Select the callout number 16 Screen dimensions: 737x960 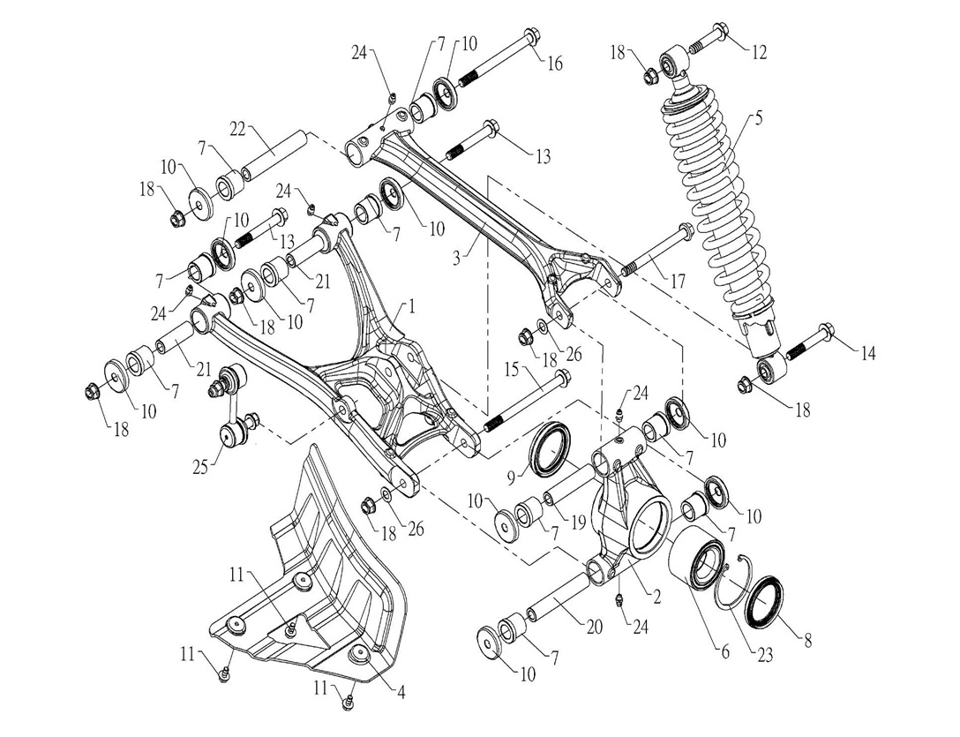[x=554, y=64]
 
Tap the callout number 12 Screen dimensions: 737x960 [x=758, y=52]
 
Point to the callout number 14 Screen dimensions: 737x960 [x=868, y=353]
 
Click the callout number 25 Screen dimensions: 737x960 [x=201, y=465]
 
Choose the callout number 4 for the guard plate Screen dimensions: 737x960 [x=402, y=693]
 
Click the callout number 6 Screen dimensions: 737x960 [x=724, y=652]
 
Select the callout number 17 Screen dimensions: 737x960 [x=678, y=282]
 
